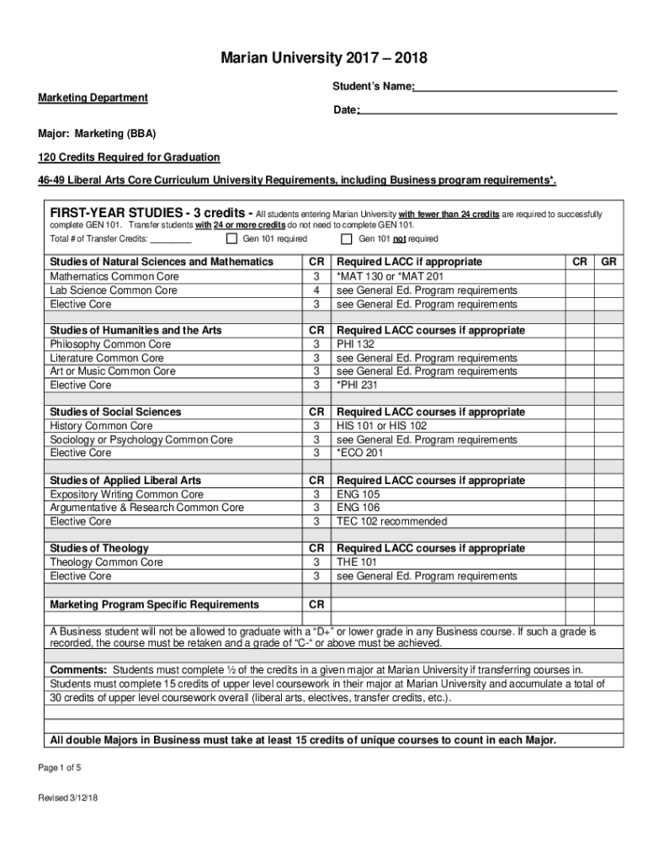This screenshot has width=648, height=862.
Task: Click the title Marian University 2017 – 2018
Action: pyautogui.click(x=324, y=58)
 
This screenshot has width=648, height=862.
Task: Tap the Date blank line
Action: pyautogui.click(x=487, y=111)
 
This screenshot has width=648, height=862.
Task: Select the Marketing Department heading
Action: pyautogui.click(x=93, y=98)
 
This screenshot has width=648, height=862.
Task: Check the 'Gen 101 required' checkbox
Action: pyautogui.click(x=231, y=239)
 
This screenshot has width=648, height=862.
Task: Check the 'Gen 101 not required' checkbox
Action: pyautogui.click(x=347, y=239)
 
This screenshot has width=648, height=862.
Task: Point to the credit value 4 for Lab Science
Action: pyautogui.click(x=316, y=290)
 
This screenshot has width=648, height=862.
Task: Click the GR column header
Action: pyautogui.click(x=609, y=262)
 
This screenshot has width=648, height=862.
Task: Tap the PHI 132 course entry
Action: pyautogui.click(x=356, y=344)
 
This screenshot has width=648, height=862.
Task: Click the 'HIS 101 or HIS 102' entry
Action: pyautogui.click(x=382, y=426)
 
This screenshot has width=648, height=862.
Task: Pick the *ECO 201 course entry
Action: pyautogui.click(x=361, y=453)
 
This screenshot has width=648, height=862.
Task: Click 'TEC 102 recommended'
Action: pyautogui.click(x=391, y=521)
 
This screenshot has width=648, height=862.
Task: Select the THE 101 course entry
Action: pyautogui.click(x=357, y=562)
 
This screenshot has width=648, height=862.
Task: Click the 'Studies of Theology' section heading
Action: pyautogui.click(x=99, y=548)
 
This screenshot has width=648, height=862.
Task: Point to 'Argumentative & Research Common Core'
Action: pyautogui.click(x=146, y=508)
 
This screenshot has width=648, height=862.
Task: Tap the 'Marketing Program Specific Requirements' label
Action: pyautogui.click(x=154, y=604)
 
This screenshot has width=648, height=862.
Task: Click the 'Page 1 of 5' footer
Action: pyautogui.click(x=59, y=768)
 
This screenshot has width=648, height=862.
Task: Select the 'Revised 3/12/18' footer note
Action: pyautogui.click(x=68, y=798)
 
